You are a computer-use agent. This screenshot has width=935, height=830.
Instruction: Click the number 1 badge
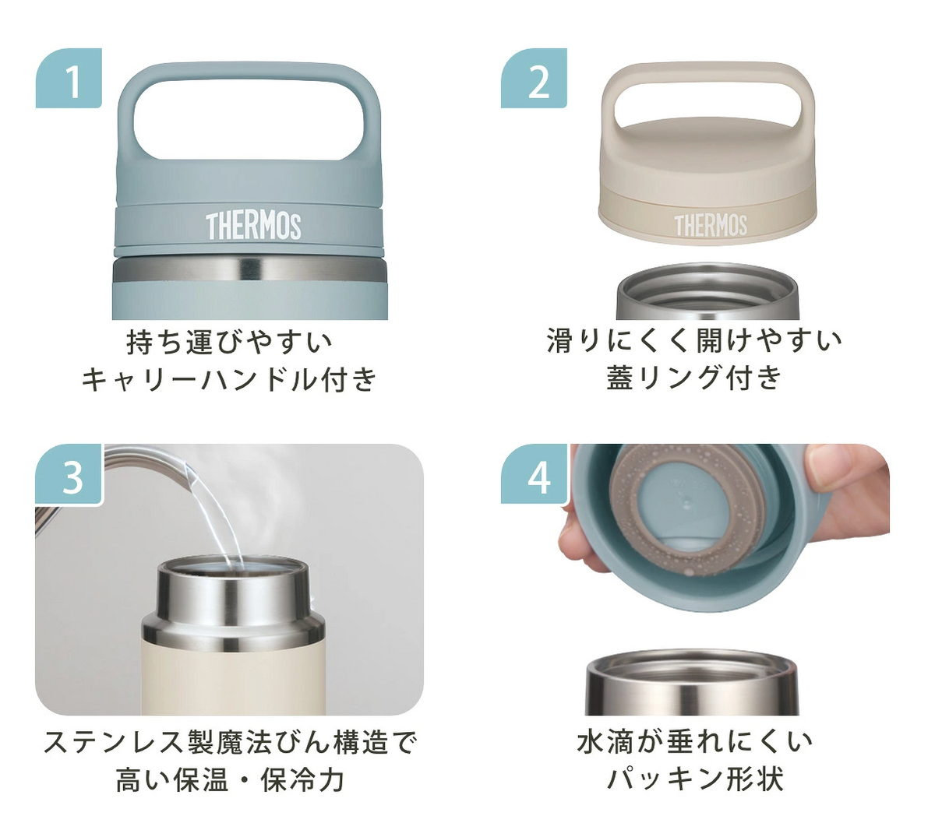(x=69, y=78)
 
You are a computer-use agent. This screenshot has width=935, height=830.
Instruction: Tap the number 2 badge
(x=534, y=78)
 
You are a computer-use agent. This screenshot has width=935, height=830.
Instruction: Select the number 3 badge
(x=69, y=474)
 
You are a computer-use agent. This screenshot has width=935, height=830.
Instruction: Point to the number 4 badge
(x=535, y=474)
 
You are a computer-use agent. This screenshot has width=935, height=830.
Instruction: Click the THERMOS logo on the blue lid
(x=253, y=227)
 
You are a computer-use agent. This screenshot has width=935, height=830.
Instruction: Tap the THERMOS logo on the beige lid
(x=711, y=226)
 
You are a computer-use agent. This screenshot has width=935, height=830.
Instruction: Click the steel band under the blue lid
(x=249, y=269)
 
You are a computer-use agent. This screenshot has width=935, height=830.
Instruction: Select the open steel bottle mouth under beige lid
(x=707, y=291)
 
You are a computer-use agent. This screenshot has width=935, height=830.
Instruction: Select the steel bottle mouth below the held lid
(x=692, y=681)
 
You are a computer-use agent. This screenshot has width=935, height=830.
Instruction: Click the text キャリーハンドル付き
(x=229, y=379)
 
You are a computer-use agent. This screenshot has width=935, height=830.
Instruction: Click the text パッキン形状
(x=694, y=779)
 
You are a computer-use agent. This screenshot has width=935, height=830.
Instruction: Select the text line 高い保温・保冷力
(x=230, y=779)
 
